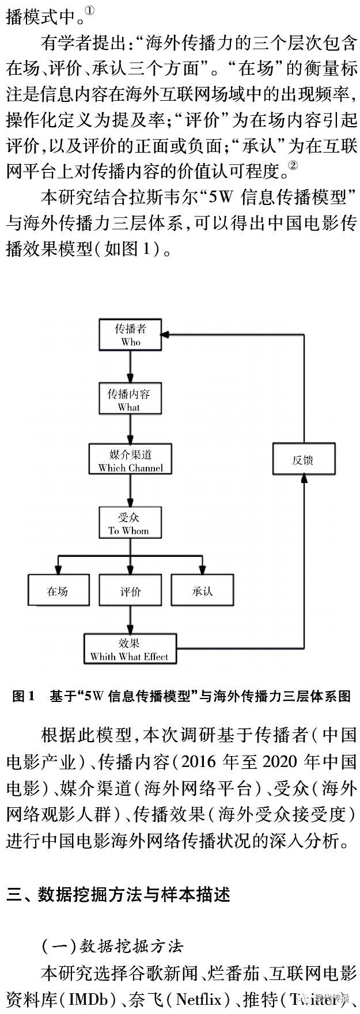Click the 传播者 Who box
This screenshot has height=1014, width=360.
click(x=130, y=335)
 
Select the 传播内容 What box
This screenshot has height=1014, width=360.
click(x=130, y=399)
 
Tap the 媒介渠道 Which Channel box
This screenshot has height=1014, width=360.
click(x=130, y=459)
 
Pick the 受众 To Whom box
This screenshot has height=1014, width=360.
click(x=130, y=523)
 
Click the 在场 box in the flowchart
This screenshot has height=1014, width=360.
click(x=58, y=590)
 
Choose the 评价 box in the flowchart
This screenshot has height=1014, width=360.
click(x=130, y=590)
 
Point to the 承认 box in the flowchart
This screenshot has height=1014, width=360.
click(x=202, y=590)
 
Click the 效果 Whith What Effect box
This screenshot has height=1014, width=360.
click(x=130, y=649)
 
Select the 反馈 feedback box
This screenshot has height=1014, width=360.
click(x=304, y=459)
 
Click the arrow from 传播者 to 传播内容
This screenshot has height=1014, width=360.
click(x=130, y=367)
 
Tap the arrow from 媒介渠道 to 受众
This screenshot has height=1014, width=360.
click(x=130, y=491)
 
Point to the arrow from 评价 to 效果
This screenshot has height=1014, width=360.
click(x=130, y=620)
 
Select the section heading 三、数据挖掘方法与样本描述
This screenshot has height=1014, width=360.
click(x=118, y=894)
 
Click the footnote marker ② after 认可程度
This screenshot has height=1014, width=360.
click(x=293, y=166)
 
